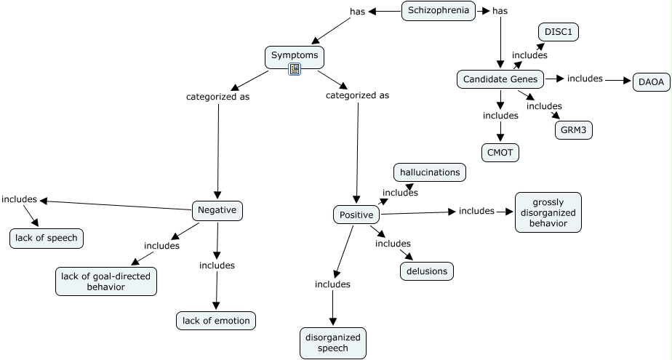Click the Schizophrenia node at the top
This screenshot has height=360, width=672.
coord(439,11)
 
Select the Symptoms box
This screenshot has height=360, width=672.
coord(295,57)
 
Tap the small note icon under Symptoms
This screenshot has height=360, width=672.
coord(295,69)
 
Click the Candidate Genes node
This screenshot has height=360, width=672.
coord(500,79)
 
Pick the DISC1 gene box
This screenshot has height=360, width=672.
coord(559,32)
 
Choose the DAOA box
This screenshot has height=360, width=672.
coord(652,82)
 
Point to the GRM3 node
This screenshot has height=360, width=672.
coord(573,130)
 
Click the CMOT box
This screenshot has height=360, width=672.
coord(500,153)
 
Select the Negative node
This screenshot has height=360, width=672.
coord(217,211)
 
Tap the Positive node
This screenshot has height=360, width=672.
coord(356,215)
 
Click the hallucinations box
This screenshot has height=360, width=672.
coord(430,172)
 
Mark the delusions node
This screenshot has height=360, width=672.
coord(427,271)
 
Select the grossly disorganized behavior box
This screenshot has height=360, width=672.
coord(548,212)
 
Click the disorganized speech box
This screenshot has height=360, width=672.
coord(333,343)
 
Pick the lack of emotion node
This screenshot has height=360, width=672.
coord(216,321)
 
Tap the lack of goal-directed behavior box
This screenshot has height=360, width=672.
coord(106,281)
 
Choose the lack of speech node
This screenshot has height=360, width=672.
coord(47,239)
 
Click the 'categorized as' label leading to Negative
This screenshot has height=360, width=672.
coord(217,97)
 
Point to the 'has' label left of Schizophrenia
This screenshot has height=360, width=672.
coord(357,12)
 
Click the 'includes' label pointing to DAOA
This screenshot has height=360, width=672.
coord(585,79)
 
